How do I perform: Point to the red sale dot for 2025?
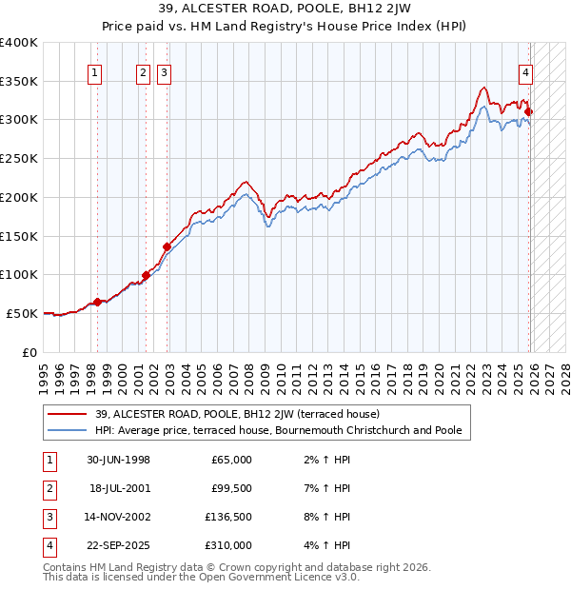pos(528,112)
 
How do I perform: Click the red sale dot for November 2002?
pos(167,246)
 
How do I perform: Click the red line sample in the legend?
pos(68,414)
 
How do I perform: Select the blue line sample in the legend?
pos(68,430)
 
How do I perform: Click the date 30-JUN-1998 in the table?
pos(118,460)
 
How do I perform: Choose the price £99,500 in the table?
pos(231,488)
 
